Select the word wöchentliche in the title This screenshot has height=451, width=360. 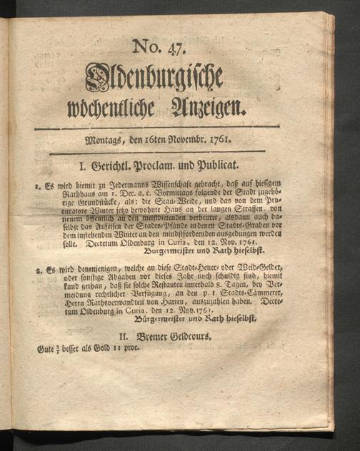tap(126, 109)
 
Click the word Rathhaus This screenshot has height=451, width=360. tap(53, 200)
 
